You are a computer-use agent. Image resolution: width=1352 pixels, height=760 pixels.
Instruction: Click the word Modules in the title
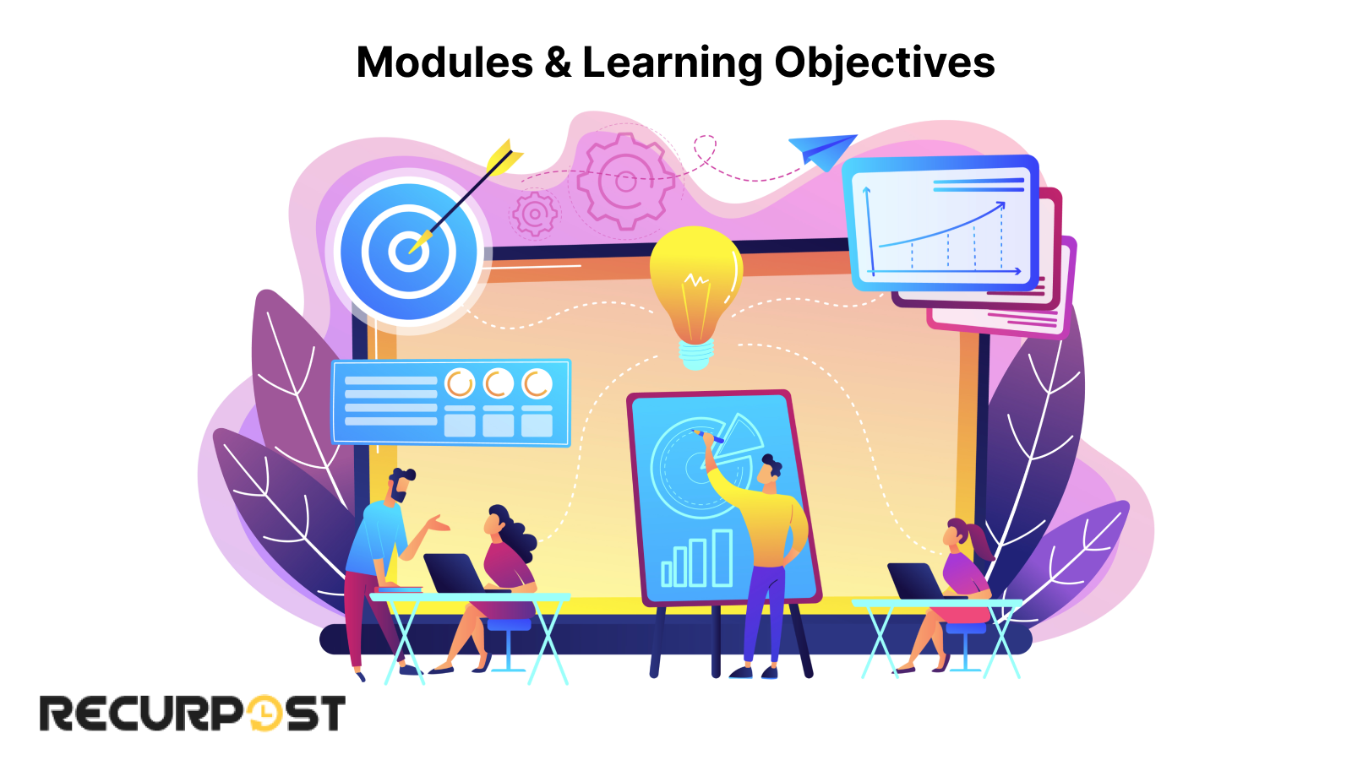click(x=444, y=62)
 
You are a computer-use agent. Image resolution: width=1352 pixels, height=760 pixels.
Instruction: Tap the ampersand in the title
click(x=558, y=62)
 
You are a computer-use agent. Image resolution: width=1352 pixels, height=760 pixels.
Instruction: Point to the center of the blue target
click(x=409, y=252)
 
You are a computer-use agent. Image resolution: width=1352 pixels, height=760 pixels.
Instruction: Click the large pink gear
click(x=624, y=181)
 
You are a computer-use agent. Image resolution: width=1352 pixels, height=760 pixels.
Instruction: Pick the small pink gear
click(x=535, y=214)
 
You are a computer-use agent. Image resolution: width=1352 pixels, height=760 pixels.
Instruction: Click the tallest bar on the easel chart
click(x=722, y=557)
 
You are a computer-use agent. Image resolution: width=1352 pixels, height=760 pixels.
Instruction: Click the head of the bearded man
click(x=401, y=485)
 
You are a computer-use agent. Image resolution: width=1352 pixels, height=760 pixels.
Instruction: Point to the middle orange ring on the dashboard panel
click(x=498, y=383)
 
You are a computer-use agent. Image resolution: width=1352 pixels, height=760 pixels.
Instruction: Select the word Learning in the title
click(x=673, y=64)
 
